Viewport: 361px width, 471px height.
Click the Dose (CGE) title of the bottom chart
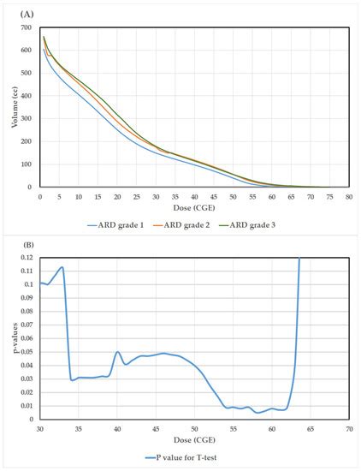193,442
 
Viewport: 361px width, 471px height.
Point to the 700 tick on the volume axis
26,27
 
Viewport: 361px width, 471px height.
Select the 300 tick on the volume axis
26,118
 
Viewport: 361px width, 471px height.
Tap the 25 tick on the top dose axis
136,195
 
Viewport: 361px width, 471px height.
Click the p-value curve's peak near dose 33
62,267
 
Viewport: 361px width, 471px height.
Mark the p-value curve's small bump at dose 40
117,351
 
